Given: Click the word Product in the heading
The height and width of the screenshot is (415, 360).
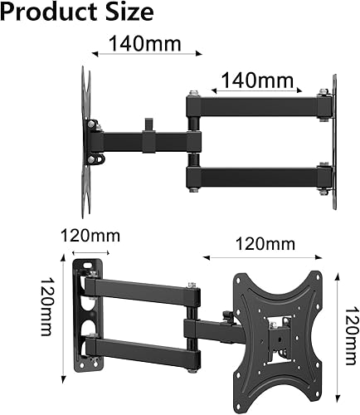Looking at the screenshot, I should point(46,12).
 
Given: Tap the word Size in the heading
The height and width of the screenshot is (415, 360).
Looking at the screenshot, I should point(127,12).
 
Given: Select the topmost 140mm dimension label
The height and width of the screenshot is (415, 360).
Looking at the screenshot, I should point(146,41).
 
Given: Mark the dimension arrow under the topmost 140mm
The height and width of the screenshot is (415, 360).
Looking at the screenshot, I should point(146,55).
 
